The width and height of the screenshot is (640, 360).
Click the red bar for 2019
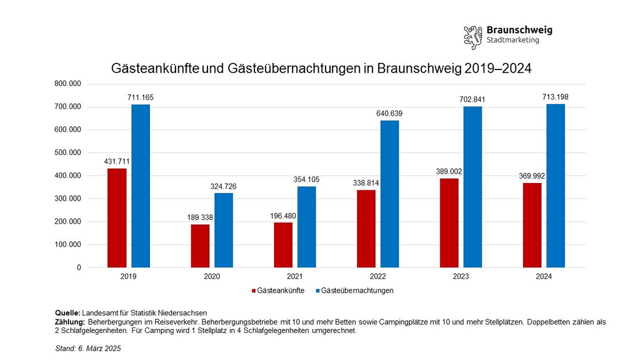tap(117, 218)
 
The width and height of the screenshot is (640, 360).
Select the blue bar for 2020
tap(224, 230)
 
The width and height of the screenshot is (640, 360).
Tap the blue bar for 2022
tap(390, 194)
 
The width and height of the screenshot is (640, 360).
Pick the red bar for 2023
tap(450, 223)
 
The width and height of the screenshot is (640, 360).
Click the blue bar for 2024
tap(556, 186)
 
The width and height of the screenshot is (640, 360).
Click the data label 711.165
tap(140, 98)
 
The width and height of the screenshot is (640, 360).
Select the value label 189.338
tap(200, 217)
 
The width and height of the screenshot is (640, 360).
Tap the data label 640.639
tap(390, 114)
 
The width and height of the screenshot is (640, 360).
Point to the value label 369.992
tap(532, 176)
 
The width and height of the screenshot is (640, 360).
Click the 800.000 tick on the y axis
tap(68, 84)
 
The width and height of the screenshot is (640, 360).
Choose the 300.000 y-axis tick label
tap(68, 198)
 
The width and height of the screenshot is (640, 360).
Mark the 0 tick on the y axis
tap(79, 267)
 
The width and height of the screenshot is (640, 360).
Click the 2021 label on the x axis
tap(295, 277)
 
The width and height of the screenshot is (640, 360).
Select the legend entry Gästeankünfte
tap(278, 291)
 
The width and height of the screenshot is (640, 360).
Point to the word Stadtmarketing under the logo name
tap(513, 40)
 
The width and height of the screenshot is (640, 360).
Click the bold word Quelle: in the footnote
tap(68, 313)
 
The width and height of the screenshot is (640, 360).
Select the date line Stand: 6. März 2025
tap(88, 348)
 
